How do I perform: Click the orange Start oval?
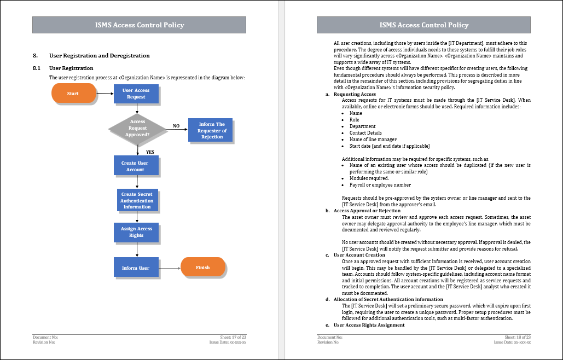point(74,94)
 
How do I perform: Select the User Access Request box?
point(136,94)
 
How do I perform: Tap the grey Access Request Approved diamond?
point(137,128)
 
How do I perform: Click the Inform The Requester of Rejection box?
point(211,130)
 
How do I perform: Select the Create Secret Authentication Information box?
point(137,200)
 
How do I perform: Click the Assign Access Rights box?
point(136,232)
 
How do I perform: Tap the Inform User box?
point(136,267)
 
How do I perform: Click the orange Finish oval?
point(203,267)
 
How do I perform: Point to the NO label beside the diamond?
point(176,126)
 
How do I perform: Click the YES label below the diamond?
point(150,152)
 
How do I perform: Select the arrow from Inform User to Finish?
point(170,268)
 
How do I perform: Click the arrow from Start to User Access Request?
point(105,94)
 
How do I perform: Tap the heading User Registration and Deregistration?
point(100,56)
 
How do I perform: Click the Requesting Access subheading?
point(355,94)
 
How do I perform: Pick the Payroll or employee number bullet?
point(380,185)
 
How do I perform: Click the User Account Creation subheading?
point(359,255)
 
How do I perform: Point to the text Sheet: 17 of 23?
point(233,337)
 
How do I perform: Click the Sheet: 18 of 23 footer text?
point(518,337)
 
